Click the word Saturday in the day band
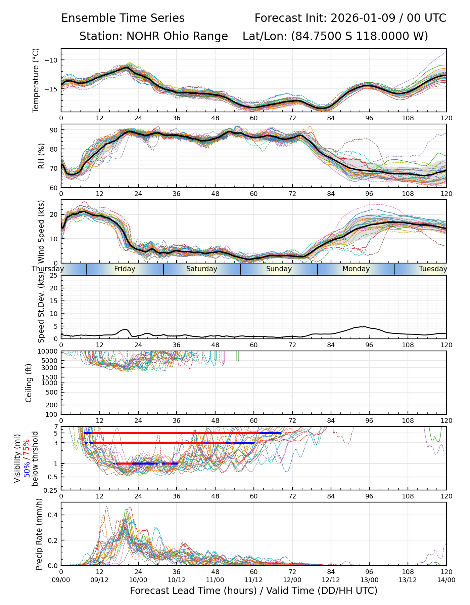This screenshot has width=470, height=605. [x=201, y=269]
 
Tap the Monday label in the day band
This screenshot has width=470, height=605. [x=356, y=269]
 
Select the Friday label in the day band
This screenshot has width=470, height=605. [x=125, y=269]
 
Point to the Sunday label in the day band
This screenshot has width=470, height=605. [x=279, y=269]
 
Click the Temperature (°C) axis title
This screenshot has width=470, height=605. [x=36, y=80]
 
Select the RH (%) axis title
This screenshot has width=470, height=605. [x=41, y=156]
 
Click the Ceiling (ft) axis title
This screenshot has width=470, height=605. [x=29, y=383]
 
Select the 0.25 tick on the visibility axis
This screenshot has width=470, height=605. [x=51, y=490]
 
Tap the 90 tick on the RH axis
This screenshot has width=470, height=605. [x=54, y=130]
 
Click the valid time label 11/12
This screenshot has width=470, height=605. [x=253, y=580]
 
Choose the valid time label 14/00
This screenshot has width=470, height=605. [x=446, y=580]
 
